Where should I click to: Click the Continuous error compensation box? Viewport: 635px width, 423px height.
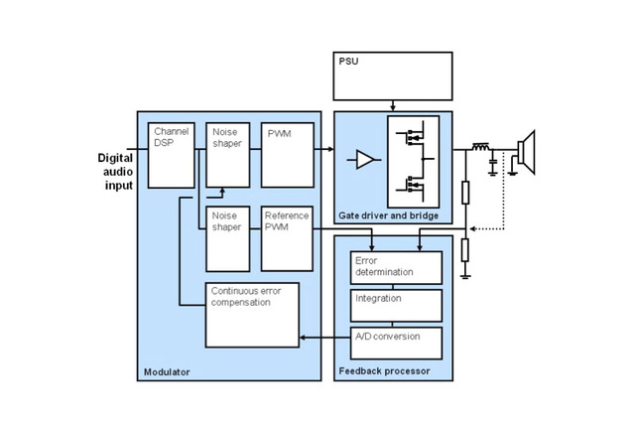[252, 313]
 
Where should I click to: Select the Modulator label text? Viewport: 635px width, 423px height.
[165, 371]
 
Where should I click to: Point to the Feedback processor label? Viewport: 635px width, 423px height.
[380, 371]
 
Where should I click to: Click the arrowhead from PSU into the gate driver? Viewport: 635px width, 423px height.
[393, 107]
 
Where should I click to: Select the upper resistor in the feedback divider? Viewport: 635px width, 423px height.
[465, 193]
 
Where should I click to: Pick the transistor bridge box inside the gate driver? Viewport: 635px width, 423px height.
[413, 159]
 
